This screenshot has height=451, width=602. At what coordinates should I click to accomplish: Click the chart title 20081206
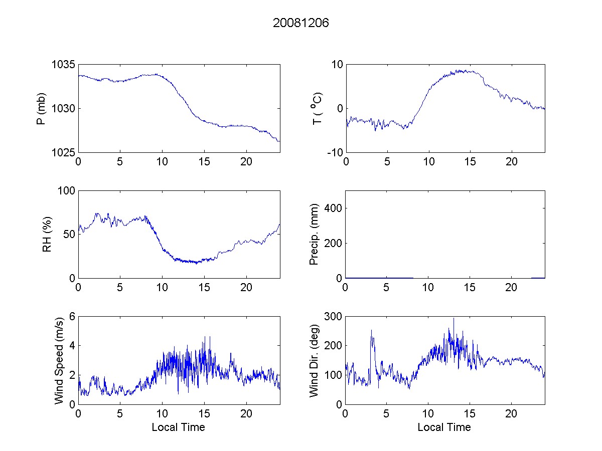tap(301, 23)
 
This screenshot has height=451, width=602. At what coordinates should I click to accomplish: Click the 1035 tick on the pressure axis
tap(63, 65)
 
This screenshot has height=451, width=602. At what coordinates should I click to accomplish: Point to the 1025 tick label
tap(63, 152)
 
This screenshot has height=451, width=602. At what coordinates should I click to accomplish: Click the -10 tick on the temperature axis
tap(335, 152)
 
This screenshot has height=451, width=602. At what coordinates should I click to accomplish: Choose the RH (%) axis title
tap(47, 234)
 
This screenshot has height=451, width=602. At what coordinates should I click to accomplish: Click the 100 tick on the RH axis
tap(67, 191)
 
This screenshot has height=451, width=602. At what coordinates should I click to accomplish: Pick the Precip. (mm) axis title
tap(315, 234)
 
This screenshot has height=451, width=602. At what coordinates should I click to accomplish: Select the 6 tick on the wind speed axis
tap(72, 317)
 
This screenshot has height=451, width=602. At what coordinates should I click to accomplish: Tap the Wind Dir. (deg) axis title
tap(315, 360)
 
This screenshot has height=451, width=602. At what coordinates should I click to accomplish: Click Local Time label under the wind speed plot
tap(178, 427)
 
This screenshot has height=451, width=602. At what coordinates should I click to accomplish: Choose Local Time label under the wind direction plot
tap(444, 427)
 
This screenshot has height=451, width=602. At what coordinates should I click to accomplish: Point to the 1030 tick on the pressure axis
tap(63, 109)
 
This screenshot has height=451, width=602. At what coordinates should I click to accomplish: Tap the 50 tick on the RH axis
tap(69, 235)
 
